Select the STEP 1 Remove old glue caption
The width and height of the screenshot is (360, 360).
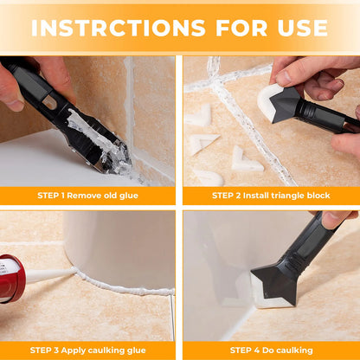pyautogui.click(x=89, y=196)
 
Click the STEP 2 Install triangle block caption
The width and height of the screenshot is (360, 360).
pyautogui.click(x=269, y=196)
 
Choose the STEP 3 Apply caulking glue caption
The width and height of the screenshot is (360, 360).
pyautogui.click(x=89, y=350)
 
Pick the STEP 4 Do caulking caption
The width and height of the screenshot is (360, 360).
pyautogui.click(x=269, y=350)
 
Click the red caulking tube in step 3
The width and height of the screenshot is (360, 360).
pyautogui.click(x=11, y=278)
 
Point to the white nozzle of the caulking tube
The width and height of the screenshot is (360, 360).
pyautogui.click(x=48, y=274)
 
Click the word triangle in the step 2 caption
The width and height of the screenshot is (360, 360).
pyautogui.click(x=276, y=196)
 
